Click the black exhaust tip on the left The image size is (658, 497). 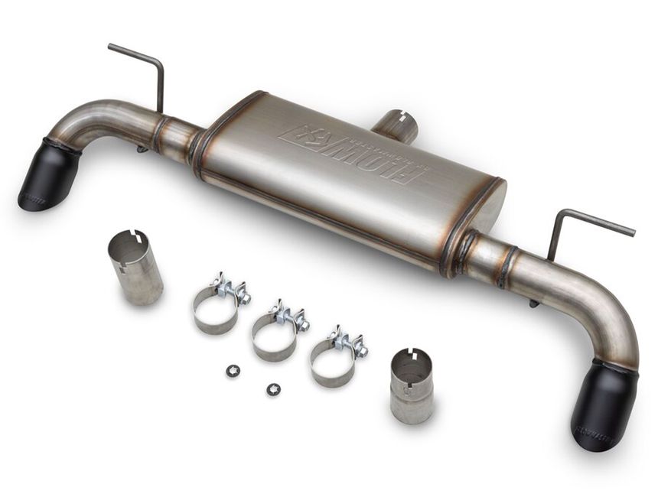click(47, 177)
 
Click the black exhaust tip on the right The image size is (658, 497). click(603, 406)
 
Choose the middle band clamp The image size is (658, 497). click(275, 333)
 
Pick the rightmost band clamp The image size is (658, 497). click(333, 358)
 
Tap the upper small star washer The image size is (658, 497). click(233, 370)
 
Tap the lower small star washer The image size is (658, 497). click(272, 390)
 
